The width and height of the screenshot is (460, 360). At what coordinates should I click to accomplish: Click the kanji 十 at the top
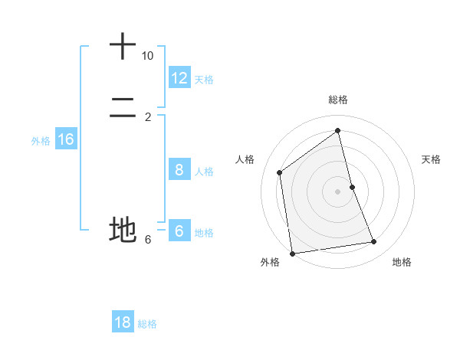tap(123, 47)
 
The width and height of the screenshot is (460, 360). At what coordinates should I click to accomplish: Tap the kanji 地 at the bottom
tap(123, 229)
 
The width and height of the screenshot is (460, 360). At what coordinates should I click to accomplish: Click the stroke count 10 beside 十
tap(147, 56)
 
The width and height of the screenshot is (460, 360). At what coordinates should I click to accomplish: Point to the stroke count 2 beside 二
tap(148, 117)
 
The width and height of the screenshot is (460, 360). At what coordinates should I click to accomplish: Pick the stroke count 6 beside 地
tap(148, 240)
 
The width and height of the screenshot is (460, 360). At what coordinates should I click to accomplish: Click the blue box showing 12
tap(179, 78)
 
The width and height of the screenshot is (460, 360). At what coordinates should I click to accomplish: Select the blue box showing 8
tap(179, 170)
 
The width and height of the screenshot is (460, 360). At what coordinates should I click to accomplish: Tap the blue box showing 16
tap(66, 139)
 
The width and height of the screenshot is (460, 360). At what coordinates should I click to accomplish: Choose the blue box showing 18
tap(123, 322)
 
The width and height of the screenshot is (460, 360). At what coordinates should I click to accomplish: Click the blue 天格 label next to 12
tap(204, 80)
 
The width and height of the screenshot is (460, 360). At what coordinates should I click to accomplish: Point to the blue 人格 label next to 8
tap(204, 172)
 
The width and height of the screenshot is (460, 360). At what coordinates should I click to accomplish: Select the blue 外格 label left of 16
tap(41, 141)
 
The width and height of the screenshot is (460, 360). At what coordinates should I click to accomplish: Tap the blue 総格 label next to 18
tap(147, 324)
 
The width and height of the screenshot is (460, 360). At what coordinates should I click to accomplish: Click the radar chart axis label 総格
tap(338, 100)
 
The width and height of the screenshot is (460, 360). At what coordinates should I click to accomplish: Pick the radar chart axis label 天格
tap(431, 159)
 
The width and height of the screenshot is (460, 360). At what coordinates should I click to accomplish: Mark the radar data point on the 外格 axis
tap(292, 253)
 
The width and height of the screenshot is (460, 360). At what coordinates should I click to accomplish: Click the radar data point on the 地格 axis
tap(374, 242)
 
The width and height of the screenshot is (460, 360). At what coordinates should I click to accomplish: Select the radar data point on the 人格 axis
tap(280, 172)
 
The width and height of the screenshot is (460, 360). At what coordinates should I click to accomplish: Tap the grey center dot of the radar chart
tap(338, 191)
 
